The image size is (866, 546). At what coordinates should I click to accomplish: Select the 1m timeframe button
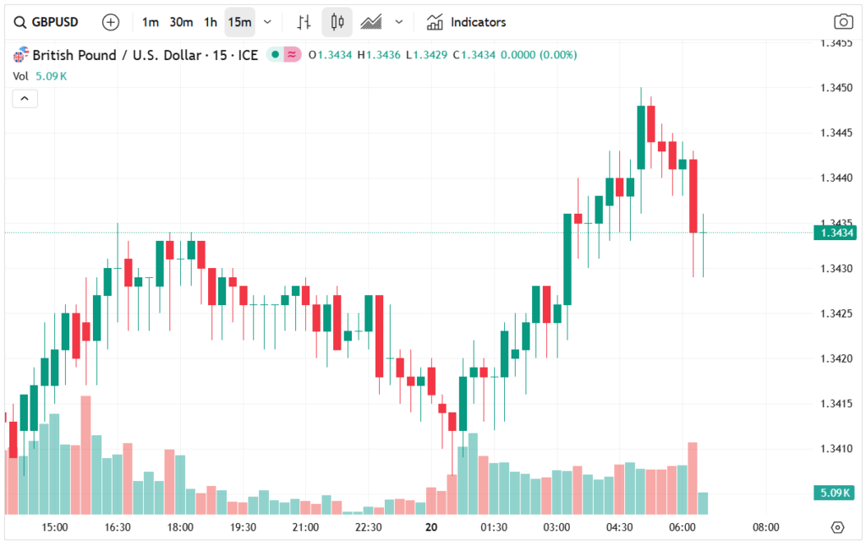click(151, 22)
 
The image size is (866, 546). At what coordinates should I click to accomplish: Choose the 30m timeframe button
click(181, 22)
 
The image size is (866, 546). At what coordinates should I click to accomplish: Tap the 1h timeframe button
click(211, 22)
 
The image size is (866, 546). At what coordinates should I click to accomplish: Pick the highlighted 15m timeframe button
click(239, 22)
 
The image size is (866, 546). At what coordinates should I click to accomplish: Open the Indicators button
click(467, 22)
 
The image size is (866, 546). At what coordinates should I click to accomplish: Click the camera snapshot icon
click(842, 22)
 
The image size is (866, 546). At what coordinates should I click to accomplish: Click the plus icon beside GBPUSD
click(111, 22)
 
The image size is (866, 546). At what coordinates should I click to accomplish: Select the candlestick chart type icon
click(337, 22)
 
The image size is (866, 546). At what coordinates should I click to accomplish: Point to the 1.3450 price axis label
click(836, 88)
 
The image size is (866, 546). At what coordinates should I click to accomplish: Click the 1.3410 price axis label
click(836, 448)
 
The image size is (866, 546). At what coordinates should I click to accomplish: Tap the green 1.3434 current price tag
click(835, 232)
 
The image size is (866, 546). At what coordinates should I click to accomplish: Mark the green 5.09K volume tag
click(835, 493)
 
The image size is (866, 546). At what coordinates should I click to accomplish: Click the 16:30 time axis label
click(118, 527)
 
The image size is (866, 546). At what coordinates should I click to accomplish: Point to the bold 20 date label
click(431, 527)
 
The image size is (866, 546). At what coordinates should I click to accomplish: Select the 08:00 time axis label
click(765, 527)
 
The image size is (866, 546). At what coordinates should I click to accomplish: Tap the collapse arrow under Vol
click(25, 99)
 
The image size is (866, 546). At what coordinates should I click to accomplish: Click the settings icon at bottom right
click(837, 527)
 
